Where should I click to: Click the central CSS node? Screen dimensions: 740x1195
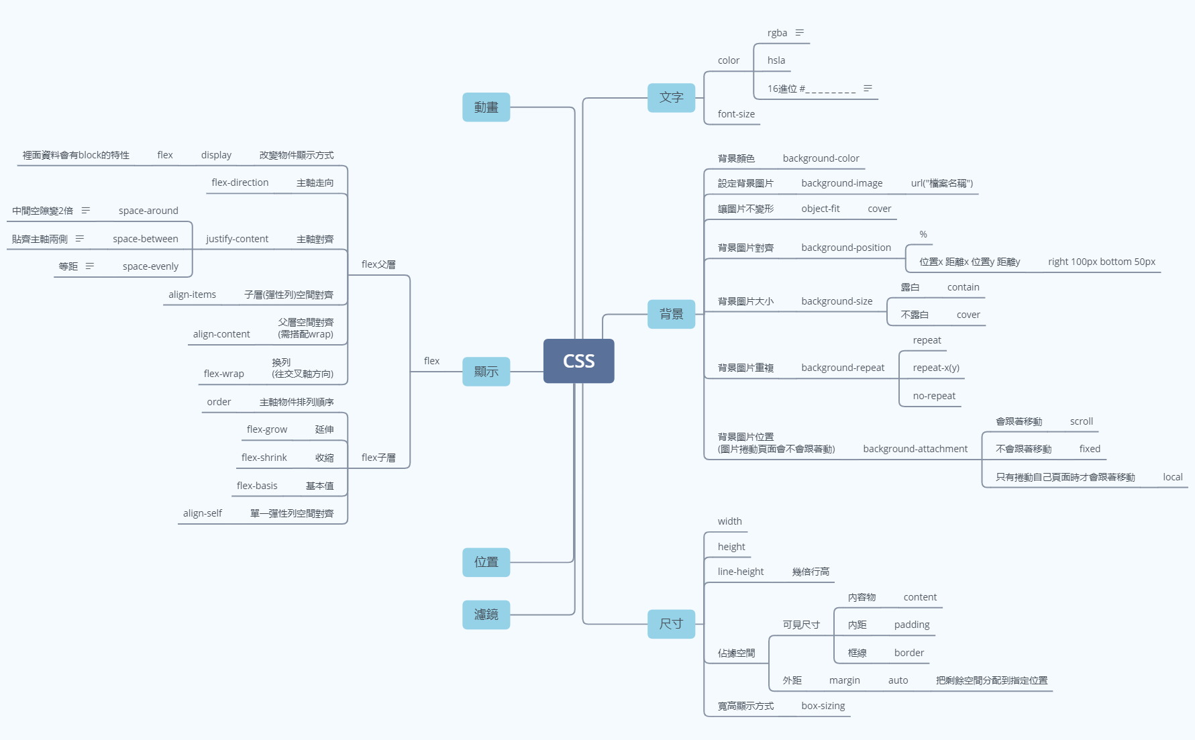pos(578,361)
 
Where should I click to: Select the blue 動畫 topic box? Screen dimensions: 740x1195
pos(486,107)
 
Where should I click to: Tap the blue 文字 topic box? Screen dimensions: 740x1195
pos(671,97)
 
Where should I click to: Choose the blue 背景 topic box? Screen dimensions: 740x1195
pos(671,314)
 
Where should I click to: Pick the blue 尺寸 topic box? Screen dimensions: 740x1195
pos(671,624)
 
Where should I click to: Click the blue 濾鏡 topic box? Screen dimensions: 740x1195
pos(486,615)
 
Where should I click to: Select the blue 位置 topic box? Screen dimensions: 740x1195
pos(486,562)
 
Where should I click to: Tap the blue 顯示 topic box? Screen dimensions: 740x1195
pos(486,372)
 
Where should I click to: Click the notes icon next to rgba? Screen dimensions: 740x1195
pos(799,33)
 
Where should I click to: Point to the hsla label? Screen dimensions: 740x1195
pos(776,60)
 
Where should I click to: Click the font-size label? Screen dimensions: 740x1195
pos(736,114)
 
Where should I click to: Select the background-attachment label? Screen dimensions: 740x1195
pos(915,449)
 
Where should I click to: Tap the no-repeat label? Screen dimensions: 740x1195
pos(934,396)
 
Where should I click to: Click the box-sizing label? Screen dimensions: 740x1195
pos(823,706)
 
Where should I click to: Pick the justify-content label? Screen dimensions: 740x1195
pos(237,239)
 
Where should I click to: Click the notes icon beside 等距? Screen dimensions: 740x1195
pos(90,266)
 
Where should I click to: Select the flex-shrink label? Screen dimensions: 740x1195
pos(264,458)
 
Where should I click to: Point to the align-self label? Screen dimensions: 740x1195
pos(202,513)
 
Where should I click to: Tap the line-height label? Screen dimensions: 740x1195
pos(741,572)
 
